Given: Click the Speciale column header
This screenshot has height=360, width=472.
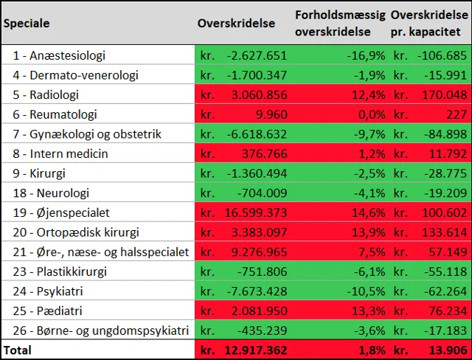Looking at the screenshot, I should tap(26, 23).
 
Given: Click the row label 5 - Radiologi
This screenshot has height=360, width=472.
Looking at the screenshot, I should tap(46, 94).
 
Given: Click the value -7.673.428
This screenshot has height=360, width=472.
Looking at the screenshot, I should tap(255, 291).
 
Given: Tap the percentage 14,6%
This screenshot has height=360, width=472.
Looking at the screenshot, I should tap(369, 212).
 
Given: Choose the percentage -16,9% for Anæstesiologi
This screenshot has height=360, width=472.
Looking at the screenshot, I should tap(367, 55).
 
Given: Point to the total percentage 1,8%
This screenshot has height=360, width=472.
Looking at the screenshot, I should tap(372, 350).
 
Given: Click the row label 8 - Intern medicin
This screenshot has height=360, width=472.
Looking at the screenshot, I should tap(60, 153).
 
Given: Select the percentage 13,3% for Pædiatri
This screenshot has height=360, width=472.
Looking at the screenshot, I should tap(369, 311).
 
